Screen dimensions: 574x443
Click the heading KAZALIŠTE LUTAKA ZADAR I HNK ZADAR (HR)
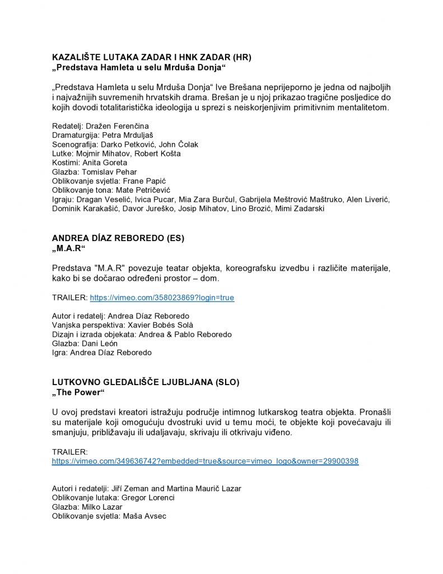click(151, 57)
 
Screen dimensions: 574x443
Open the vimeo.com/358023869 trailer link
click(162, 298)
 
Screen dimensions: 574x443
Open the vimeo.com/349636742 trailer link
click(205, 461)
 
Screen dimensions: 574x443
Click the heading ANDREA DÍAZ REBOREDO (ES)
click(118, 238)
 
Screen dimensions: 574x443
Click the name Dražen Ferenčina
click(117, 126)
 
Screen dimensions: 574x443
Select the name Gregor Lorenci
click(148, 498)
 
